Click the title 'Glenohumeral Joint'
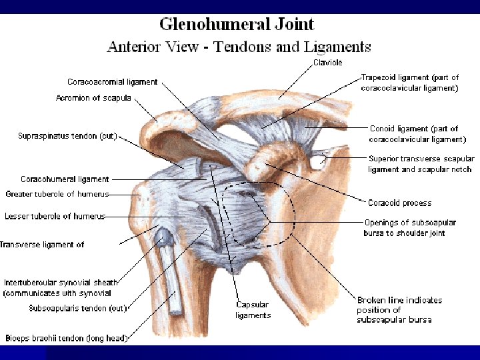click(236, 25)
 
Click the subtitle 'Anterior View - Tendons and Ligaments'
click(239, 47)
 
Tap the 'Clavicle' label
click(329, 63)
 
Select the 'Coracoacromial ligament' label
click(112, 82)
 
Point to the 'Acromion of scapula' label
click(93, 99)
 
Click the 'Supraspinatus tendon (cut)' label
click(67, 136)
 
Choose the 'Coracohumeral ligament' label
click(65, 179)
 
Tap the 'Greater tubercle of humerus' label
click(57, 194)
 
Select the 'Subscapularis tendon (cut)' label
click(78, 308)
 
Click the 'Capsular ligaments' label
click(253, 310)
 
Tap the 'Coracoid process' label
click(399, 203)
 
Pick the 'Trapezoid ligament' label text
click(409, 82)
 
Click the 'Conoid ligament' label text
click(417, 134)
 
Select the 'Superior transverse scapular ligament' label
click(421, 164)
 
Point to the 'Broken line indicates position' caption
click(394, 310)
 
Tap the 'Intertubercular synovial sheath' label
click(61, 287)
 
